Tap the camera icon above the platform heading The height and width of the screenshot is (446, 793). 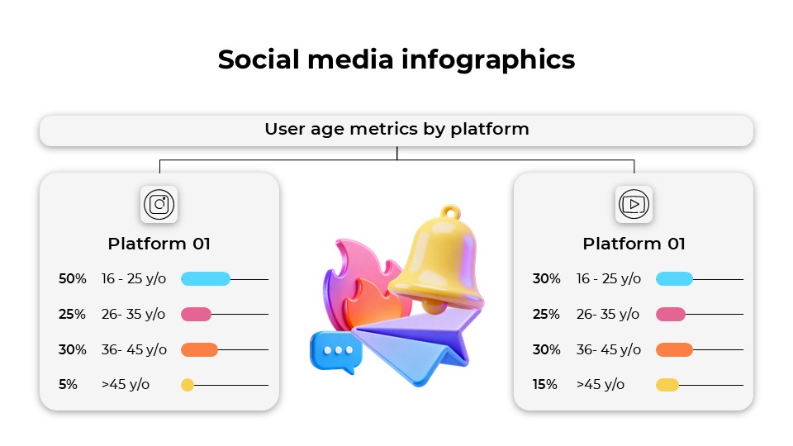pyautogui.click(x=159, y=204)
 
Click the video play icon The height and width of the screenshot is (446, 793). pyautogui.click(x=634, y=204)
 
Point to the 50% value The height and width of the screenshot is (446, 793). pyautogui.click(x=72, y=279)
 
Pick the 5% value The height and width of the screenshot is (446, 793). pyautogui.click(x=68, y=385)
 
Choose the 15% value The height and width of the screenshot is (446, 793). pyautogui.click(x=545, y=385)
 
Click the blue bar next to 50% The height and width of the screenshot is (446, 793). pyautogui.click(x=205, y=279)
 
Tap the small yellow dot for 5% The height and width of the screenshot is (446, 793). pyautogui.click(x=188, y=385)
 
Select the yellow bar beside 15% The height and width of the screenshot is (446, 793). pyautogui.click(x=667, y=385)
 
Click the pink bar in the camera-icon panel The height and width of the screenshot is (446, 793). pyautogui.click(x=197, y=315)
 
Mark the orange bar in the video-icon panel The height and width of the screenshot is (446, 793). pyautogui.click(x=674, y=349)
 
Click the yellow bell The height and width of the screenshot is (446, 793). pyautogui.click(x=438, y=260)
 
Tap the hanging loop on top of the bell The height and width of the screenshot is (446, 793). pyautogui.click(x=449, y=212)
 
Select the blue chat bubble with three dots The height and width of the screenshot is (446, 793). pyautogui.click(x=335, y=350)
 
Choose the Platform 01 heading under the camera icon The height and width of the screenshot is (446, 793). pyautogui.click(x=159, y=244)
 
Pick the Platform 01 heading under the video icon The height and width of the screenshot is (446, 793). pyautogui.click(x=634, y=244)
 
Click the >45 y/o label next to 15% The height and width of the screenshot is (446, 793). pyautogui.click(x=601, y=385)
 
